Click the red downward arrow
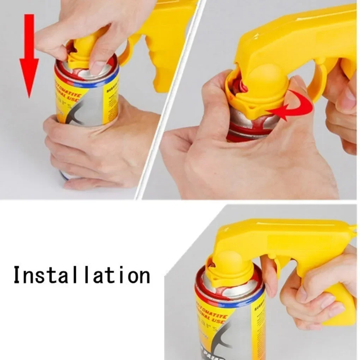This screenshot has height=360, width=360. point(29,60)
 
